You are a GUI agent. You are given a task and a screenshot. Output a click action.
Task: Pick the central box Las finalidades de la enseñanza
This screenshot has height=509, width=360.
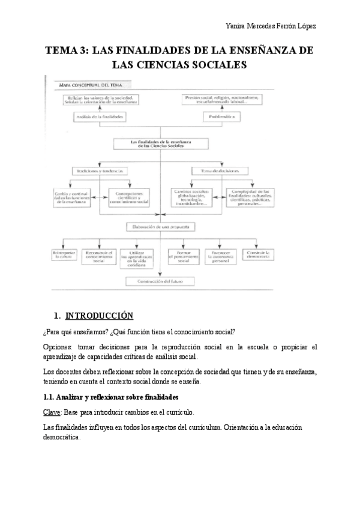click(x=162, y=144)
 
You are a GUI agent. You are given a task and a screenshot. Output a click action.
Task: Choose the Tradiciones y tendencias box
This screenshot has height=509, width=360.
click(x=99, y=170)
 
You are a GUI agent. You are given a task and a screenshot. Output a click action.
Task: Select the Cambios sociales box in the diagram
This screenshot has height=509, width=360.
click(x=191, y=198)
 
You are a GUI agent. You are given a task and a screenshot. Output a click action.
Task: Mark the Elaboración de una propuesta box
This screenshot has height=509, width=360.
click(x=161, y=226)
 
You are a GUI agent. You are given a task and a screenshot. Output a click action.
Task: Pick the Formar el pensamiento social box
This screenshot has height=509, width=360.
click(x=180, y=257)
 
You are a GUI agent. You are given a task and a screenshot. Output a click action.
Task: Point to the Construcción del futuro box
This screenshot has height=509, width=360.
click(x=161, y=282)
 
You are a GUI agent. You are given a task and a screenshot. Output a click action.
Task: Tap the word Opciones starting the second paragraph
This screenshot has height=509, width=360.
click(x=59, y=347)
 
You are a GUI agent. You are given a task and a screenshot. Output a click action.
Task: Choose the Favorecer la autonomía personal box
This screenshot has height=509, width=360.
click(x=220, y=257)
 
